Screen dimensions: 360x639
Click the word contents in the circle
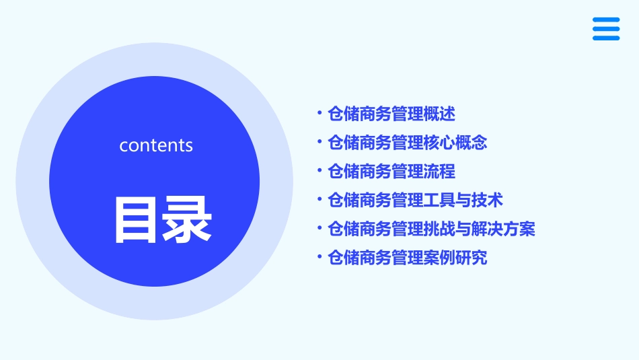pos(156,145)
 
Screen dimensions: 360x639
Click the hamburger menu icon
pos(606,29)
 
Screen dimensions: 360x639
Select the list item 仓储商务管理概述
pos(391,114)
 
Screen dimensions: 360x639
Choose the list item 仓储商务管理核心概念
pos(408,143)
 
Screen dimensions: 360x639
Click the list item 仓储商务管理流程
pos(391,172)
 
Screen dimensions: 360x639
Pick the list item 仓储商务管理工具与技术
pos(416,201)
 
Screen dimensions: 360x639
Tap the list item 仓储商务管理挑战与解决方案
pos(432,229)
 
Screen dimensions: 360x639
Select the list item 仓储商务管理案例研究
pos(408,258)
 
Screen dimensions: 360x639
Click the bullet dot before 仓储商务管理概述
pos(319,114)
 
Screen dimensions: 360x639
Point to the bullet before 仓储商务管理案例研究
pos(319,257)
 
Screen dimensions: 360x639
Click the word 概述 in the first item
pos(440,114)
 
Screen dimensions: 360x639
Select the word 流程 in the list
pos(440,172)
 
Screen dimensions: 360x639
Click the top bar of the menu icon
pos(606,20)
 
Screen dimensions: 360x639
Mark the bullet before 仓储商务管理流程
pos(319,171)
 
